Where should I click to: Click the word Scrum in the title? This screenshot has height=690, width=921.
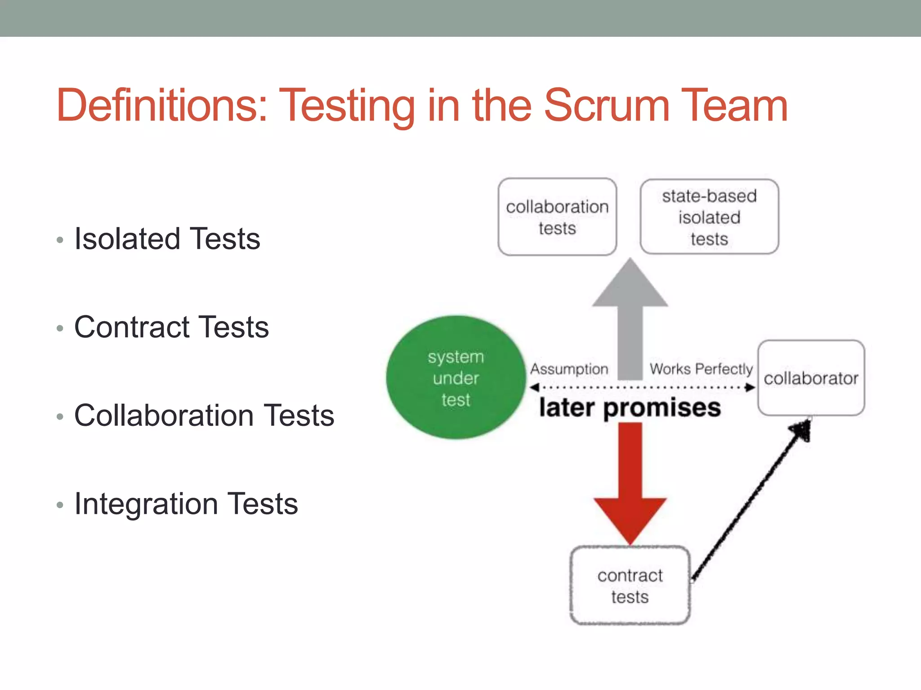(607, 106)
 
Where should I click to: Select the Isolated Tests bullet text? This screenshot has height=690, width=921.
(167, 239)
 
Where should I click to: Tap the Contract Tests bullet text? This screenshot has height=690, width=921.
(171, 327)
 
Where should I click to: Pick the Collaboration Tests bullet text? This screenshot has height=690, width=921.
(204, 416)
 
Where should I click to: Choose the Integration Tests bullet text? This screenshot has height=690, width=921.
(186, 504)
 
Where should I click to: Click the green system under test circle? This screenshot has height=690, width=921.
(455, 378)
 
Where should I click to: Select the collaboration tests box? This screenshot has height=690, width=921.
(557, 217)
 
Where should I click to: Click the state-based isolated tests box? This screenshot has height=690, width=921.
(709, 217)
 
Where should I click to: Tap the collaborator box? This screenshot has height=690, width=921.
(811, 378)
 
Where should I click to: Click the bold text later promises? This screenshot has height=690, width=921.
(630, 408)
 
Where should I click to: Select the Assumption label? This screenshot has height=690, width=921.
(569, 369)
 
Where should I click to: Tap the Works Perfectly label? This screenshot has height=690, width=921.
(701, 369)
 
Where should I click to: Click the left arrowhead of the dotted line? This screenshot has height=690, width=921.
(534, 387)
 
